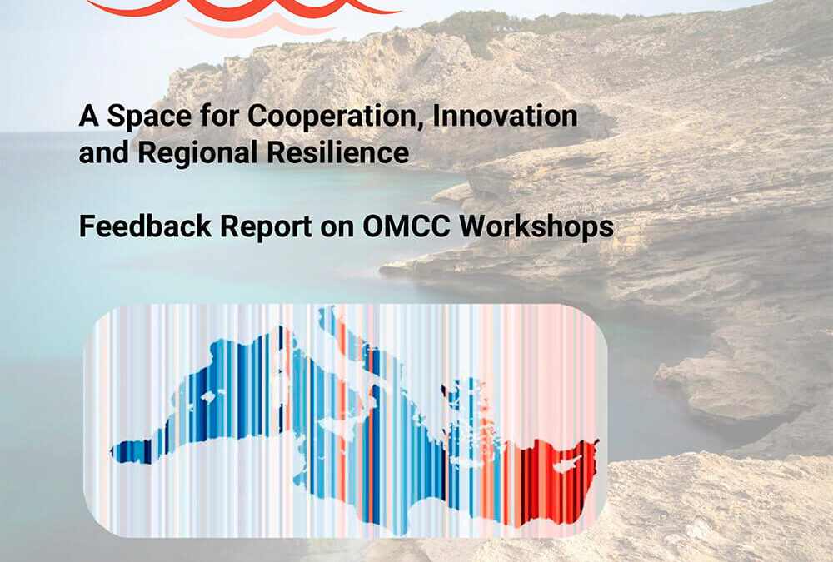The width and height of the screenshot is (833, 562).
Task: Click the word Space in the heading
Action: click(x=149, y=116)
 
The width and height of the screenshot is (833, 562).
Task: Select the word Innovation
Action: click(x=506, y=115)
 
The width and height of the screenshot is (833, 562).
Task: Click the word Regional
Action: click(x=197, y=152)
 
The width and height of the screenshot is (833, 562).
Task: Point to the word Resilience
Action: click(x=338, y=152)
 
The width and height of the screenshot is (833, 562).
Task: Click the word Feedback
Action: click(x=145, y=226)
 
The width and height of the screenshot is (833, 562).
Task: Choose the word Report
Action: click(x=267, y=227)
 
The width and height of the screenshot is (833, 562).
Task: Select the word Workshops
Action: click(x=536, y=227)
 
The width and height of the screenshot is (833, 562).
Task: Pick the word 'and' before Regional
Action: click(x=104, y=152)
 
